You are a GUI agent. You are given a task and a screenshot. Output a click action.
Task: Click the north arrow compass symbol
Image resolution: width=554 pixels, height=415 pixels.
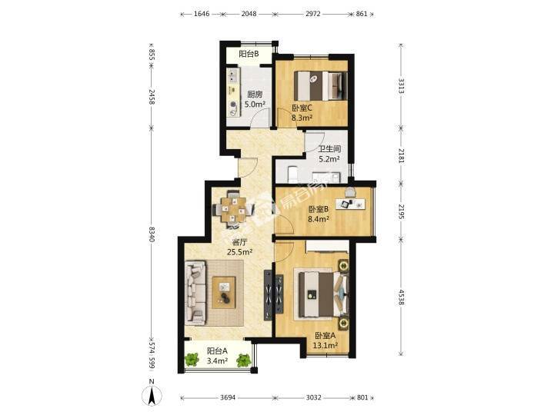coord(152,393)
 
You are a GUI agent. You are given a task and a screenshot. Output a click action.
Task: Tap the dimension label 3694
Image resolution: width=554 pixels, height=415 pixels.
coord(228,398)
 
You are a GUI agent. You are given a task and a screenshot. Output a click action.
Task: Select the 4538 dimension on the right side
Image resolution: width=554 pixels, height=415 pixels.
coord(401,297)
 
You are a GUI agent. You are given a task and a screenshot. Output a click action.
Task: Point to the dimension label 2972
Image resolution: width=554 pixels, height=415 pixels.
coord(312,14)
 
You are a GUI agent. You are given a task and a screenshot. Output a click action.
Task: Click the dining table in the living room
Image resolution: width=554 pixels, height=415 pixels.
coord(233,210)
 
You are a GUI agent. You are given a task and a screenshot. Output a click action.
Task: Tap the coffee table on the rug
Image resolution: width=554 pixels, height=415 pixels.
coord(224,293)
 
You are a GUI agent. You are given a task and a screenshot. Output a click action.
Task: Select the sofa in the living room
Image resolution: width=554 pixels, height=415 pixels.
coord(195,293)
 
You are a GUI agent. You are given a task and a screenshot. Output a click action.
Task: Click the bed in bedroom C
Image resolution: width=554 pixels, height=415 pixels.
coord(320,86)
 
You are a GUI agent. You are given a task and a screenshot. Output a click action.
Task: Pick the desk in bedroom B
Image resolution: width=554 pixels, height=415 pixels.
coord(351,204)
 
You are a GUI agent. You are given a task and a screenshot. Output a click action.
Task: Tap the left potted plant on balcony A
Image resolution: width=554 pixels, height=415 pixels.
coord(191,360)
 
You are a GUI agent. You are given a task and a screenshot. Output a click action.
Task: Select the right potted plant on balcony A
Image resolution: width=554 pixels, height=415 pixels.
coord(243,360)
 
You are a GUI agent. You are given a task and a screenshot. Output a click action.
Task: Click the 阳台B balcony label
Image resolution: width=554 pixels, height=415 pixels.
coord(249,54)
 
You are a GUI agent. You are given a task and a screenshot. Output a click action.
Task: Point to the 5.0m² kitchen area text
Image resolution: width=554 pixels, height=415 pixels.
coord(255,105)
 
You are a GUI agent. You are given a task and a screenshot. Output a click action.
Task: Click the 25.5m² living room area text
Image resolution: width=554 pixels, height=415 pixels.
coord(239,252)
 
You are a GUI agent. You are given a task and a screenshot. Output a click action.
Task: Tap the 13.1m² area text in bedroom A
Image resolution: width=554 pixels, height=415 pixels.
coord(325,346)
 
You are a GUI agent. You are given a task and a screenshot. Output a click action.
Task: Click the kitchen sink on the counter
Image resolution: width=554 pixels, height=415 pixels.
coord(232,74)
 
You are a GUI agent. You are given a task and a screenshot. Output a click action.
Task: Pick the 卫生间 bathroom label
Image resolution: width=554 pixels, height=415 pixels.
coord(329,149)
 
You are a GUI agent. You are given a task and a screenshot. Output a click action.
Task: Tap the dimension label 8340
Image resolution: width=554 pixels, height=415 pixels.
coord(152,234)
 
